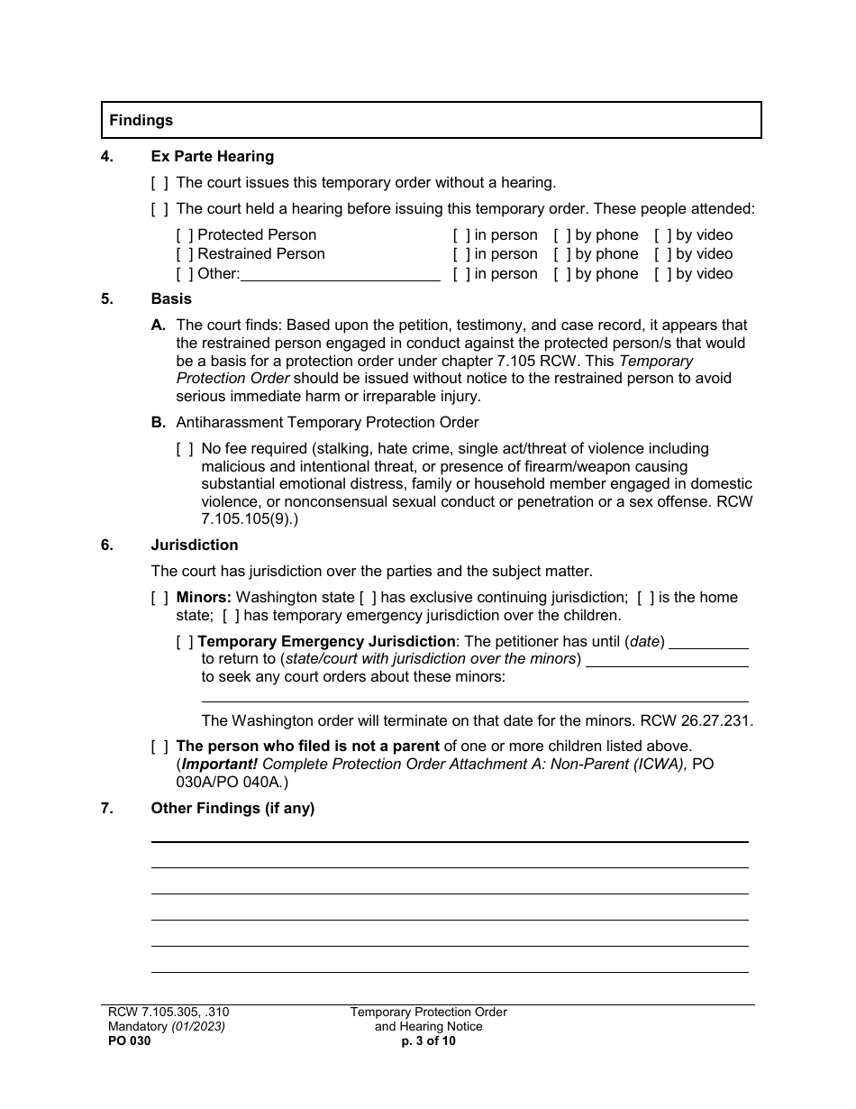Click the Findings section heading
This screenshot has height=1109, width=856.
tap(141, 120)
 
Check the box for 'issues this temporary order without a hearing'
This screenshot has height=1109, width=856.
tap(159, 183)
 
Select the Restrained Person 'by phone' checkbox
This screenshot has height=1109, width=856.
tap(562, 254)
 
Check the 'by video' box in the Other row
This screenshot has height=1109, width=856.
tap(663, 274)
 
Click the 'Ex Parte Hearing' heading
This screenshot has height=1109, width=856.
tap(212, 157)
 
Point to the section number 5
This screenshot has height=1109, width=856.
tap(107, 298)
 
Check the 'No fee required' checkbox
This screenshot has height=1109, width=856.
tap(185, 449)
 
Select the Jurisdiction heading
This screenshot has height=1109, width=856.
tap(195, 545)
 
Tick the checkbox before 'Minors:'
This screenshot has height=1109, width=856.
tap(159, 598)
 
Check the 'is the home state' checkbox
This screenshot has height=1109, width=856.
tap(645, 598)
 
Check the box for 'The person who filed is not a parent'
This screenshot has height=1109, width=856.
tap(159, 747)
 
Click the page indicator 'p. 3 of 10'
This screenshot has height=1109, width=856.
tap(428, 1040)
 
